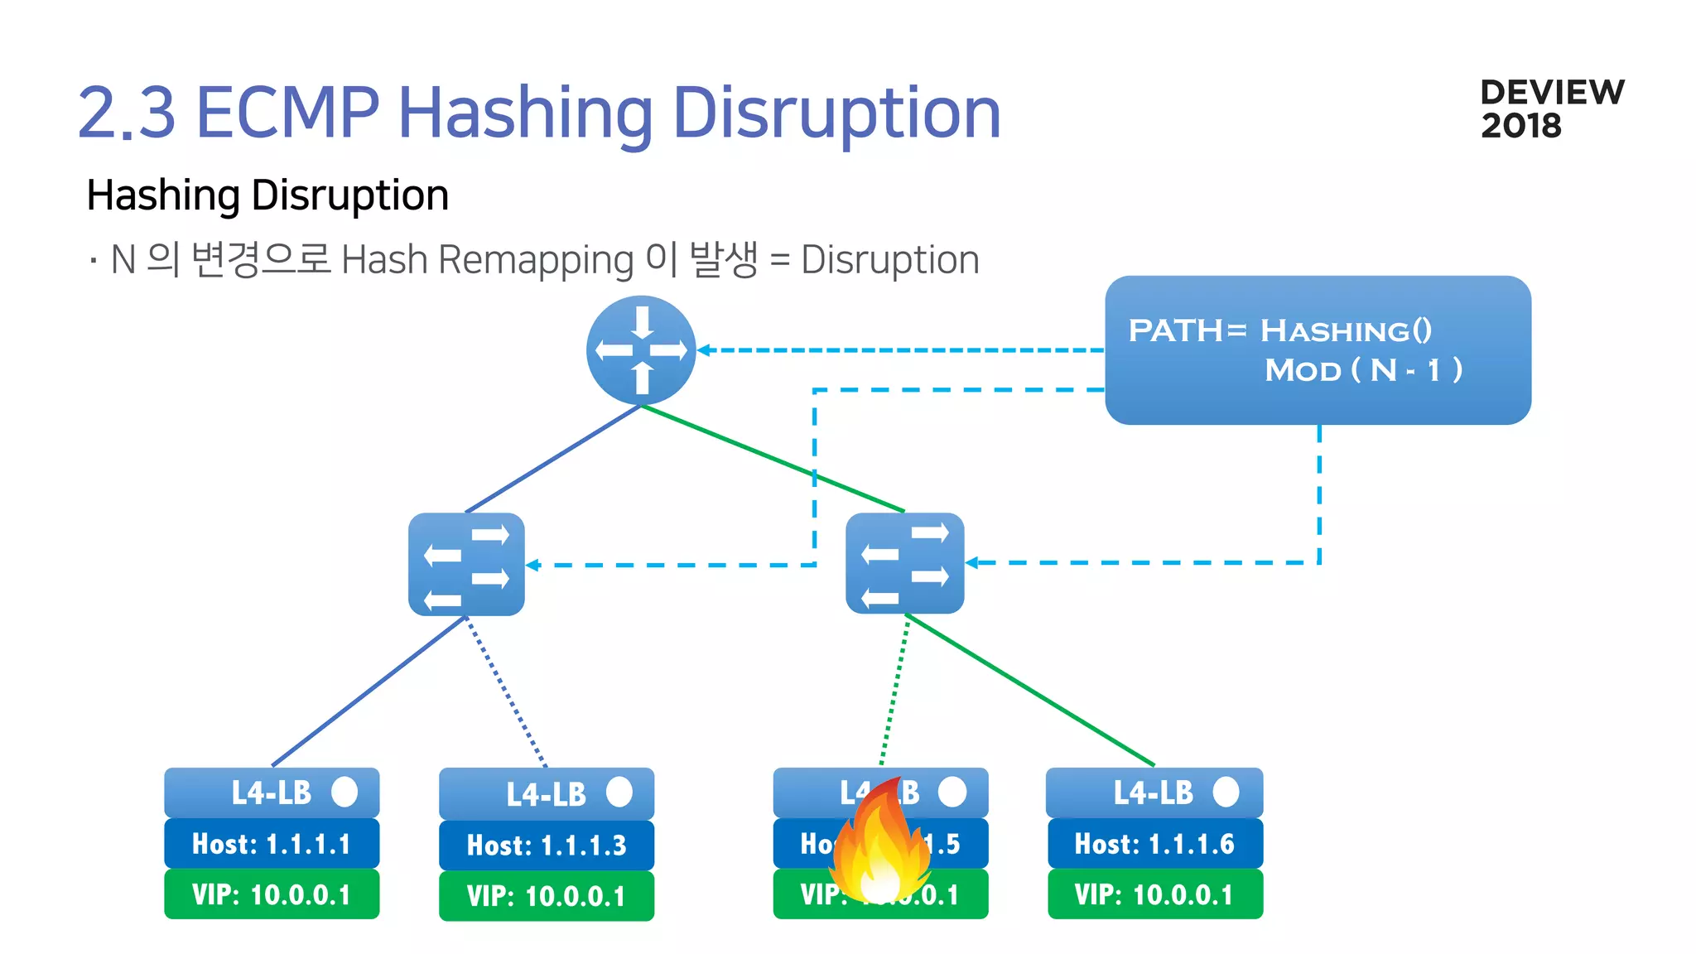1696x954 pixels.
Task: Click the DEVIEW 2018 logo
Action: pos(1552,108)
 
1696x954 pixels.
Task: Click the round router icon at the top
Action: pos(641,350)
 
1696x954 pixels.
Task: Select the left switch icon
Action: pos(466,564)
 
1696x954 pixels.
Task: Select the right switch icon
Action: pos(904,563)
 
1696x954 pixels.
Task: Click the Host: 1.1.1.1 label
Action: pos(272,844)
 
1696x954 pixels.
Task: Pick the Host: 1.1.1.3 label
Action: pos(547,846)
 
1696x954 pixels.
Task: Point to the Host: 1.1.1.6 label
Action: pos(1154,844)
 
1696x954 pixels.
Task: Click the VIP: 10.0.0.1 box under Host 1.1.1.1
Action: pos(272,894)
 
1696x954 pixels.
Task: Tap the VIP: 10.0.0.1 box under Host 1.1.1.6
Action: pos(1154,894)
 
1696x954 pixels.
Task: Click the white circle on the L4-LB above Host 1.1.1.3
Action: pos(619,792)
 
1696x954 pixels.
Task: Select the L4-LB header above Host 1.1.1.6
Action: pos(1154,793)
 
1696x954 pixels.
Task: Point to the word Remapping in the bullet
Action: pos(536,260)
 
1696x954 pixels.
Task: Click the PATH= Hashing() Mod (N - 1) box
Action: pos(1318,350)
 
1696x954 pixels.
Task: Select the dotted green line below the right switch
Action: pos(894,691)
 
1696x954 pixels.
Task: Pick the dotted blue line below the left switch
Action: pos(506,691)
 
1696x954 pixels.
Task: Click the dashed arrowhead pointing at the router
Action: pos(704,350)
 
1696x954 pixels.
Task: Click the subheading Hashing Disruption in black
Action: pos(267,196)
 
